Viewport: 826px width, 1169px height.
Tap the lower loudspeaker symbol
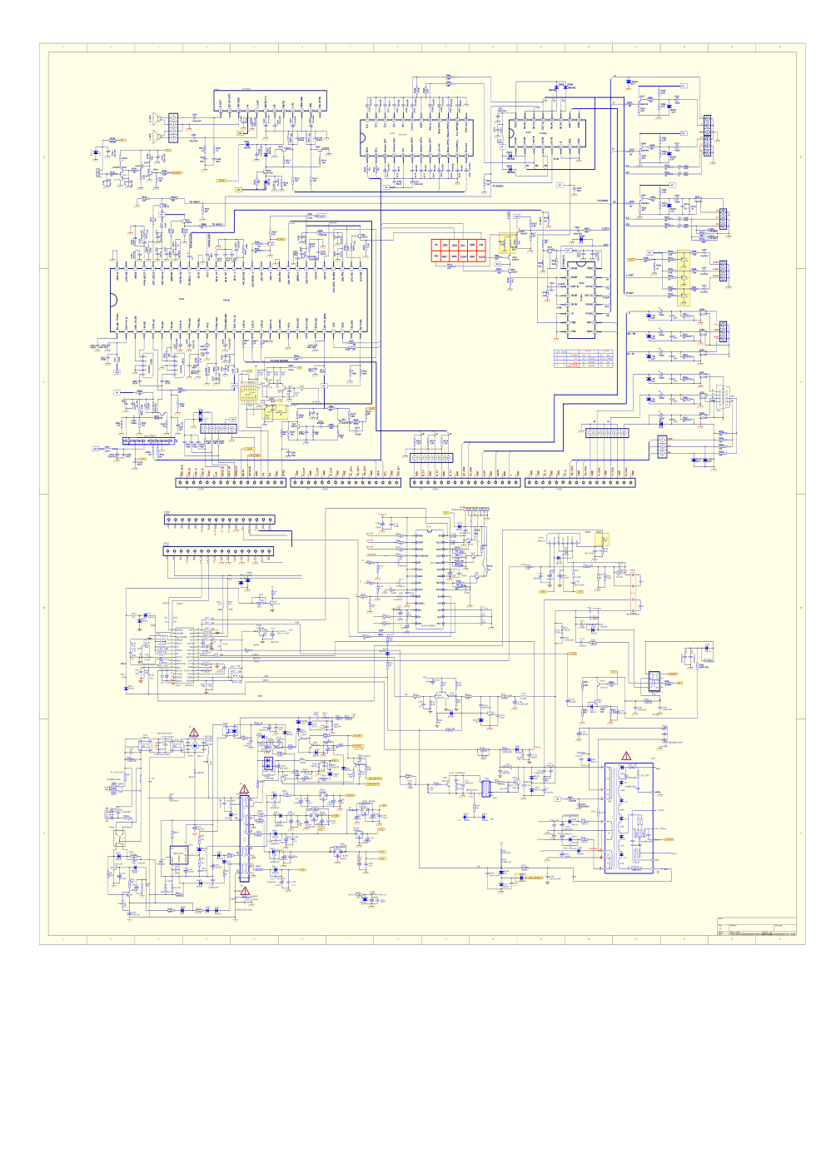(x=156, y=136)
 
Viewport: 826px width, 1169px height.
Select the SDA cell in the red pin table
(x=455, y=245)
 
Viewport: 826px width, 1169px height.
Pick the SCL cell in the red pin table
(x=464, y=245)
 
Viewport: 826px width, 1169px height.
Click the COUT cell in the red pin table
(x=464, y=256)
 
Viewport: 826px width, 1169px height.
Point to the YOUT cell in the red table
(x=482, y=256)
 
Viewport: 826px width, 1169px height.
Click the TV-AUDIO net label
(x=497, y=186)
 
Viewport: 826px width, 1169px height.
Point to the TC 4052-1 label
(x=194, y=202)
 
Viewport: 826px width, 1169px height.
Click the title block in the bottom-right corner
(x=756, y=928)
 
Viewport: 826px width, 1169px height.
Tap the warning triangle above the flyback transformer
(x=626, y=756)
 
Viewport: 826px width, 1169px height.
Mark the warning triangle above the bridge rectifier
(x=194, y=732)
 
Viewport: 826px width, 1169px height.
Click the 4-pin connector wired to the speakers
(x=173, y=127)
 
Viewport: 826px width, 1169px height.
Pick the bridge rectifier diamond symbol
(x=267, y=762)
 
